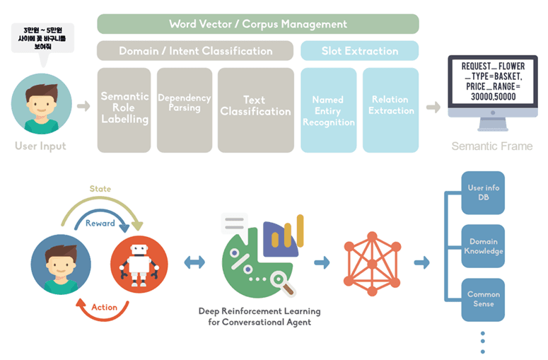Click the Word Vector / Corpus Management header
tap(258, 24)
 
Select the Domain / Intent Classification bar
tap(195, 51)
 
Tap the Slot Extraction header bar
tap(359, 51)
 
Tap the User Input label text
tap(40, 146)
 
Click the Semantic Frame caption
tap(492, 146)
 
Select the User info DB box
tap(484, 192)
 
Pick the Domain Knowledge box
tap(484, 246)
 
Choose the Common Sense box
tap(484, 298)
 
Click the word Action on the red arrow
tap(104, 307)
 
